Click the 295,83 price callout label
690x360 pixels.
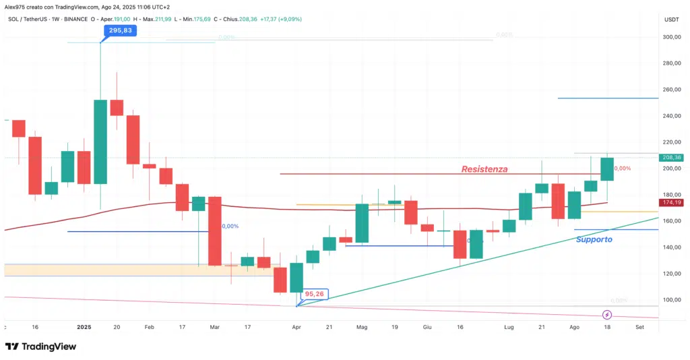pyautogui.click(x=119, y=30)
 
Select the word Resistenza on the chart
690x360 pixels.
pyautogui.click(x=484, y=169)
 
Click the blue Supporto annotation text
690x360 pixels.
pyautogui.click(x=594, y=239)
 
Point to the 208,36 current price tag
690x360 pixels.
pyautogui.click(x=672, y=157)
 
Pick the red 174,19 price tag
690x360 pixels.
pyautogui.click(x=672, y=202)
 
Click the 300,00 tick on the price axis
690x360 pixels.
pyautogui.click(x=670, y=37)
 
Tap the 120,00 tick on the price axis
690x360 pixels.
pyautogui.click(x=670, y=274)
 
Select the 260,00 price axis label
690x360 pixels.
pyautogui.click(x=670, y=90)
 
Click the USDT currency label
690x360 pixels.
pyautogui.click(x=671, y=20)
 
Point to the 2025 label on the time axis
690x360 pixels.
pyautogui.click(x=84, y=326)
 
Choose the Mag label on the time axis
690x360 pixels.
pyautogui.click(x=362, y=326)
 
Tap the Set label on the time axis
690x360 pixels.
pyautogui.click(x=639, y=326)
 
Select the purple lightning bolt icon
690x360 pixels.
pyautogui.click(x=607, y=315)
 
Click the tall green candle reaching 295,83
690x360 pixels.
pyautogui.click(x=100, y=142)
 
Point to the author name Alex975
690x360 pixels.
pyautogui.click(x=17, y=5)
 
